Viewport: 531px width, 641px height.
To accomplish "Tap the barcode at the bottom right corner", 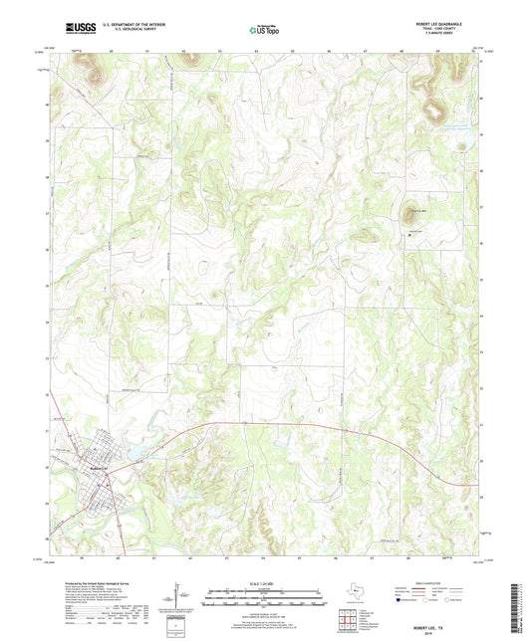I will pos(515,597).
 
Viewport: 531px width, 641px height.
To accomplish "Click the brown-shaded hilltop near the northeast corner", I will pos(433,107).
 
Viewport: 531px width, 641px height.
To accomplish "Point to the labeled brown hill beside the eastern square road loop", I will pos(411,211).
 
